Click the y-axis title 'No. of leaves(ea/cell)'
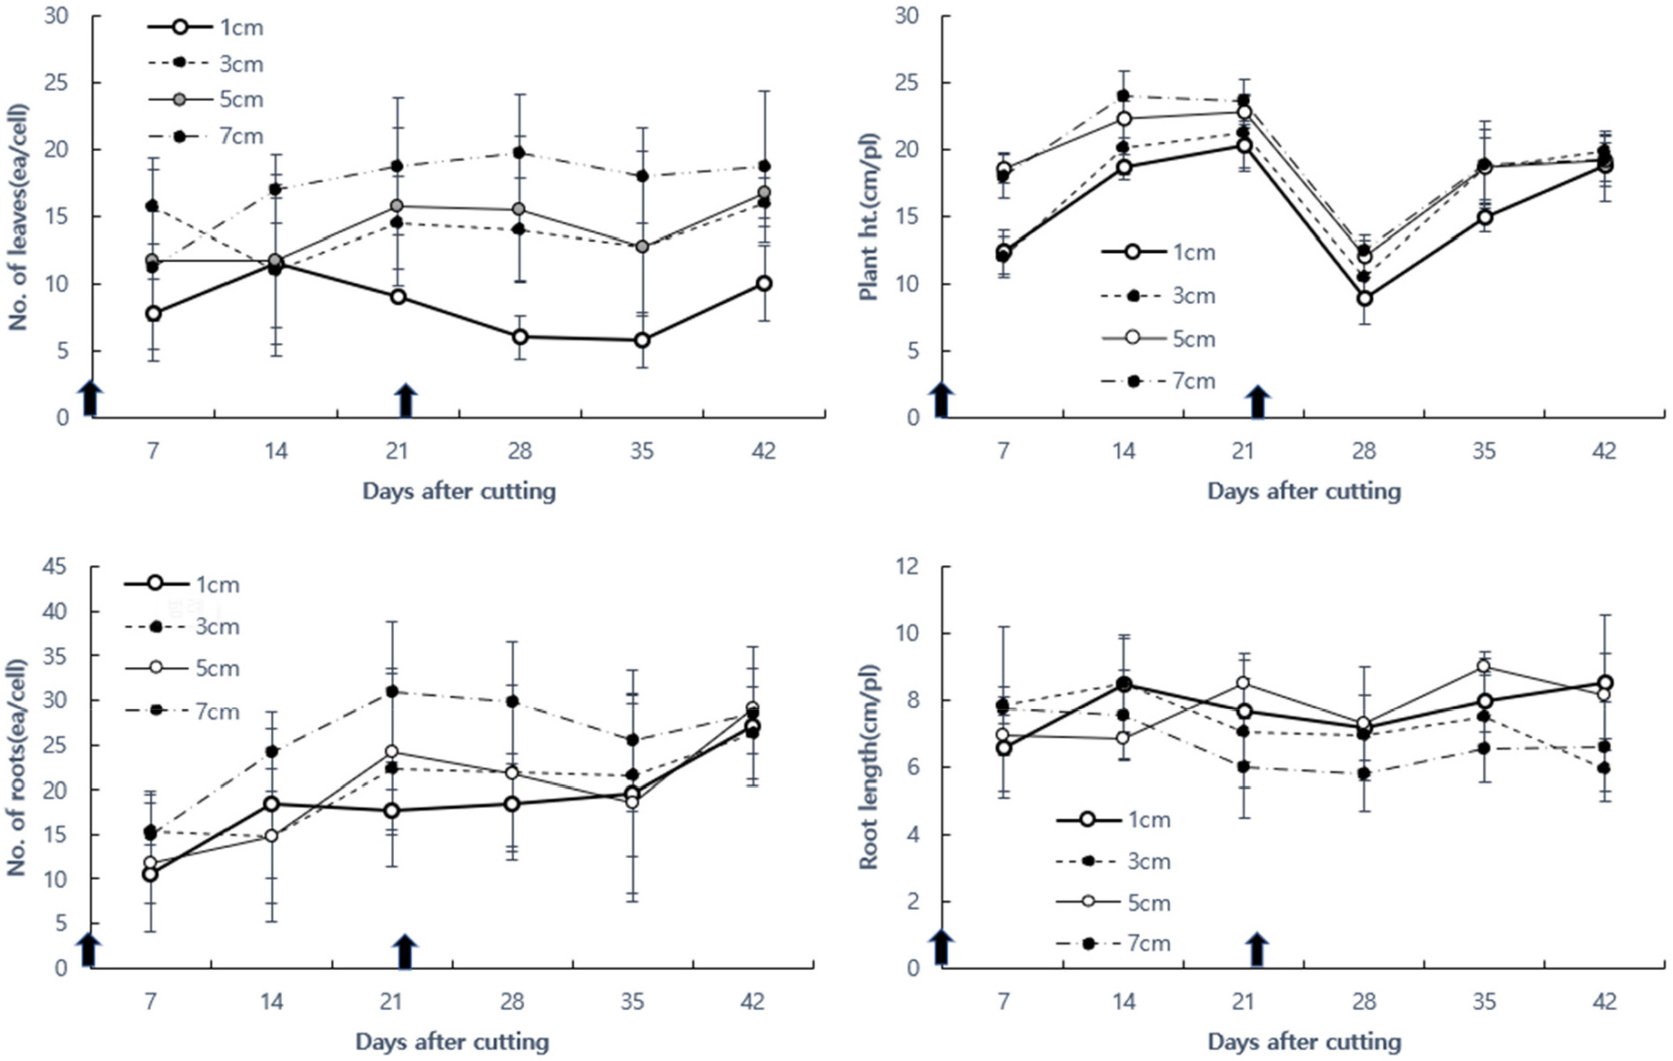pos(18,217)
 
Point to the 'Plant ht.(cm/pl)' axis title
pos(870,217)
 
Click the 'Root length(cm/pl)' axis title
pos(870,767)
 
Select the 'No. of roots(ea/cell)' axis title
pos(18,767)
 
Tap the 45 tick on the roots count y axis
pos(55,567)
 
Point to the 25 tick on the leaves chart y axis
pos(56,83)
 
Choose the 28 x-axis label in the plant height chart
pos(1364,451)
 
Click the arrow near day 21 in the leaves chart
pos(406,400)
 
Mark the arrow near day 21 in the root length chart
pos(1257,949)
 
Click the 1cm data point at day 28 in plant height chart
pos(1364,298)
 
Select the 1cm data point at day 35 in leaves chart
pos(642,340)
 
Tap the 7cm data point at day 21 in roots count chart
pos(392,692)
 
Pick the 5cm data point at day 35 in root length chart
pos(1484,666)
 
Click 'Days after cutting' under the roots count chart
pos(452,1042)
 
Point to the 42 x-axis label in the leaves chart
pos(763,451)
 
